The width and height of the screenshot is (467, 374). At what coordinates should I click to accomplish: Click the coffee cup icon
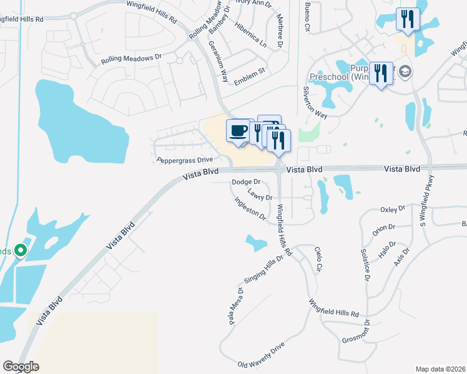238,131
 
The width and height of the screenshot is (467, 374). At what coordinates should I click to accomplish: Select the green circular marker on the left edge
20,251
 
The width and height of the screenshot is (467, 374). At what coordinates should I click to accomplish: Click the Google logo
21,367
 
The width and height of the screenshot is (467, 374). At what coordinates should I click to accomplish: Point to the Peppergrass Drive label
184,160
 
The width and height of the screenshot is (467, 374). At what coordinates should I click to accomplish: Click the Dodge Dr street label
245,182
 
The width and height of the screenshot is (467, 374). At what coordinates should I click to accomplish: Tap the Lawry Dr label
260,196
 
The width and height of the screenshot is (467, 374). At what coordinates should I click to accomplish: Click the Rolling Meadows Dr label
131,59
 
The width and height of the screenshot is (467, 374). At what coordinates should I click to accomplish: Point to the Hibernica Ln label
250,36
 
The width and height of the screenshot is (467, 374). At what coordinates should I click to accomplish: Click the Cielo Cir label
318,258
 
